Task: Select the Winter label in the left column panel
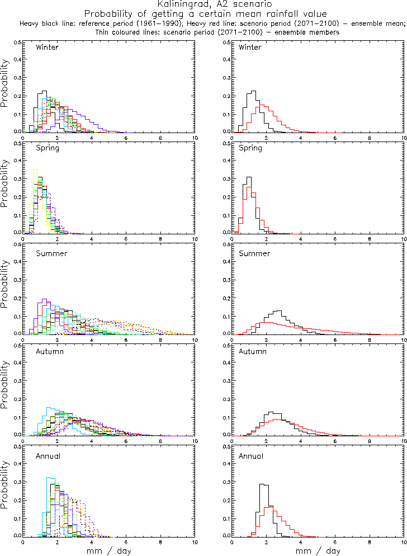click(x=47, y=47)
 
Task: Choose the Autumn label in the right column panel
click(x=252, y=352)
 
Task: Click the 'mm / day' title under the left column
click(x=109, y=551)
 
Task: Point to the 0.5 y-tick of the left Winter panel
click(x=17, y=43)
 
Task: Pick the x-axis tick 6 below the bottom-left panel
click(x=126, y=542)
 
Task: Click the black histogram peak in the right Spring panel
click(x=248, y=177)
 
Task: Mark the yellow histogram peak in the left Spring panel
click(x=35, y=169)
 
